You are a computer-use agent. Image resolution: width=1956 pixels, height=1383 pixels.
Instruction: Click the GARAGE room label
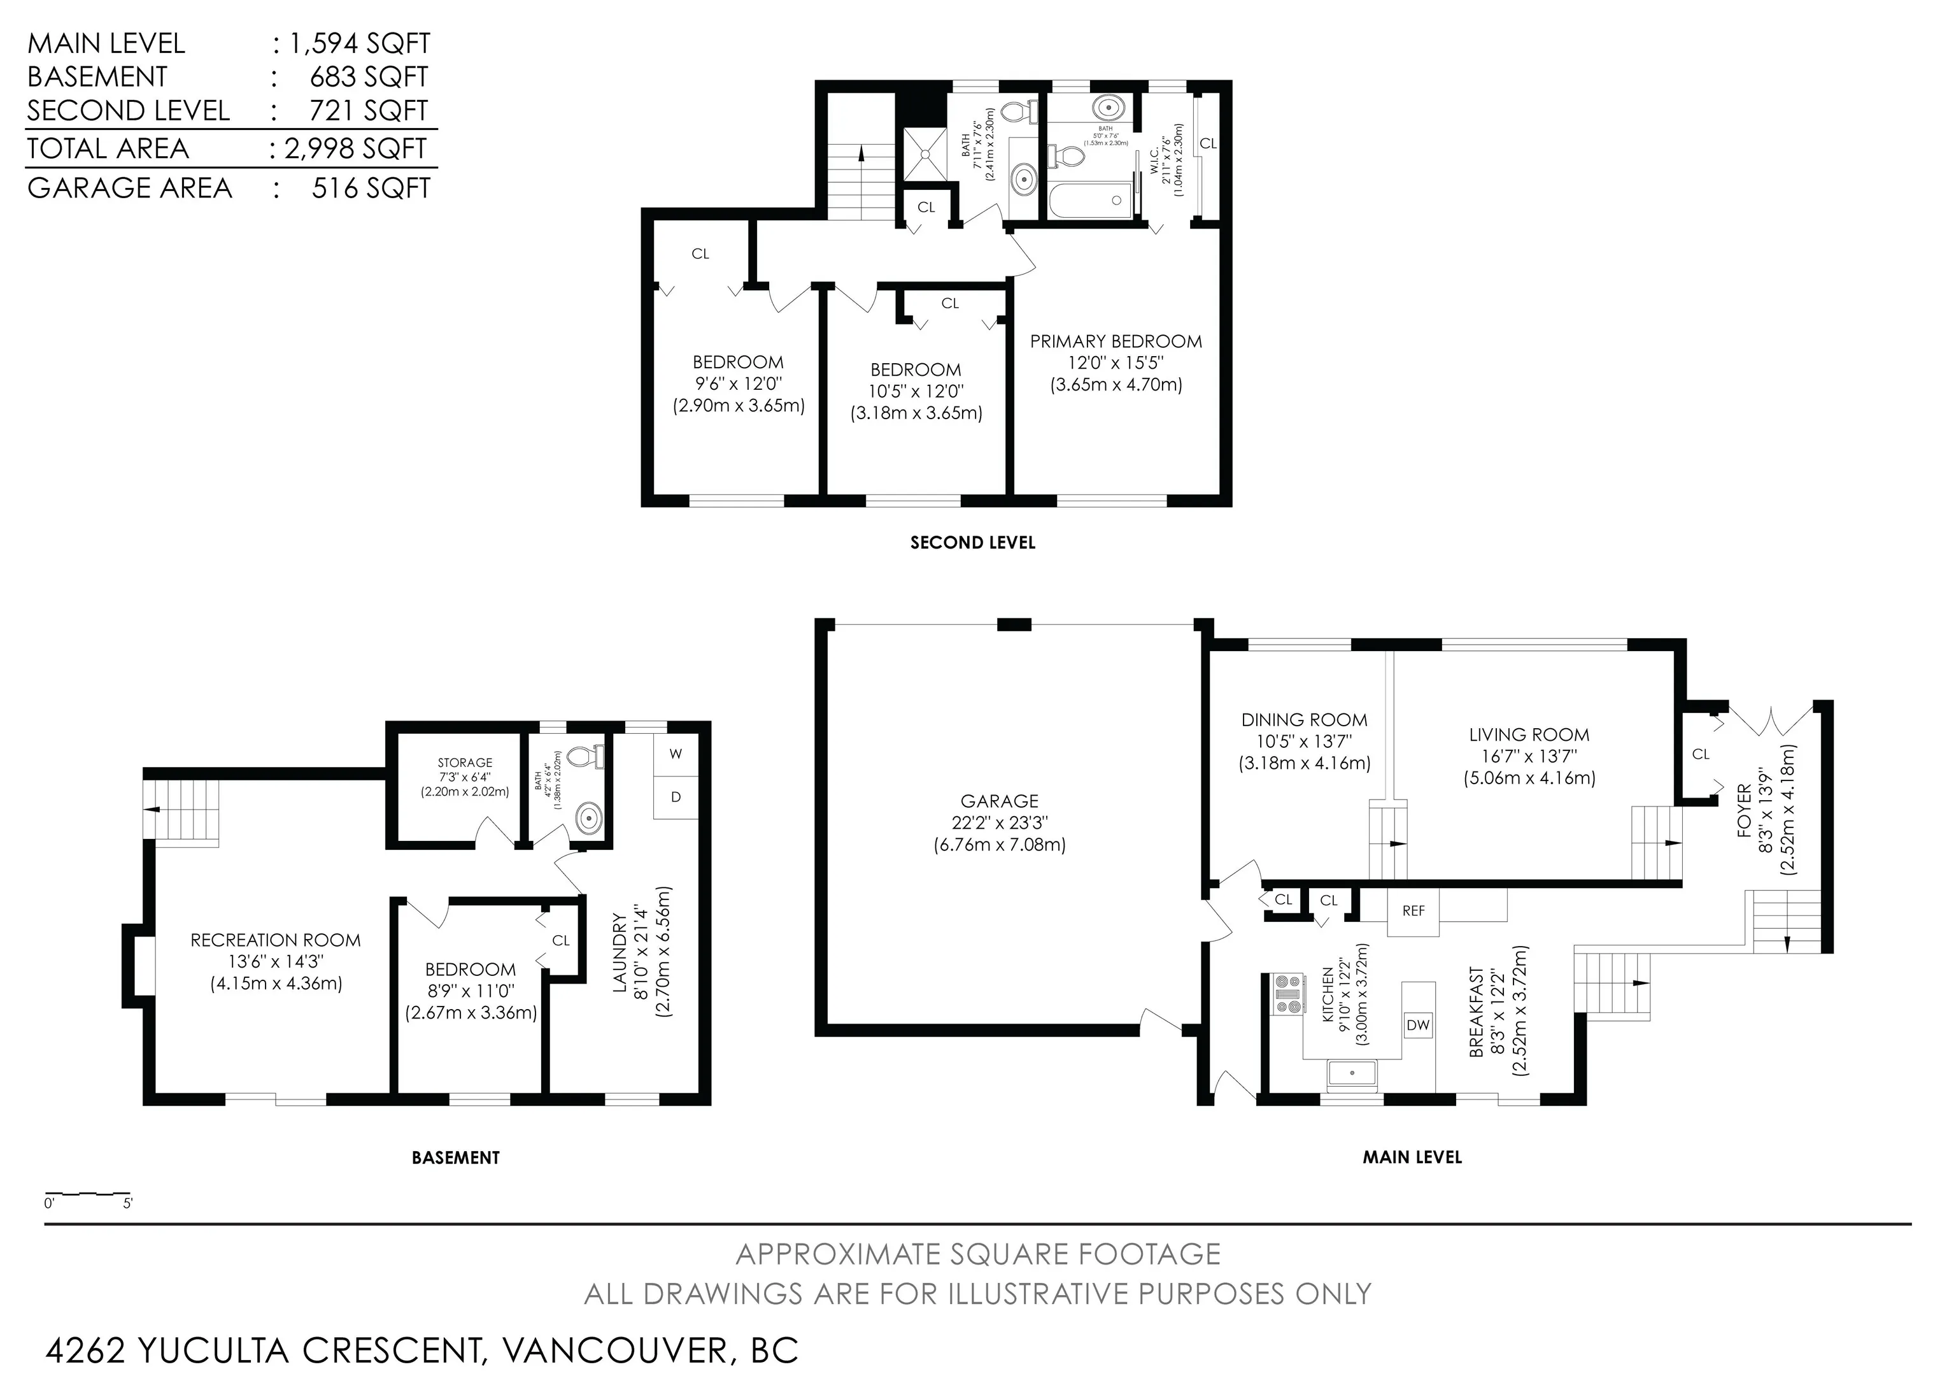click(999, 801)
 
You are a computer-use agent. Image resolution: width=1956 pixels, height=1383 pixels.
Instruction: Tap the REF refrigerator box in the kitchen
click(1414, 911)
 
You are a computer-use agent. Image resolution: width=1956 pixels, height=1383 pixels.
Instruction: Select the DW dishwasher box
click(1417, 1025)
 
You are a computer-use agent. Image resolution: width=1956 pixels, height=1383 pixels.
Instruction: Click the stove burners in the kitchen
click(1287, 994)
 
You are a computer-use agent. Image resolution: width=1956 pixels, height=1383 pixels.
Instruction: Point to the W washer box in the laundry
click(676, 753)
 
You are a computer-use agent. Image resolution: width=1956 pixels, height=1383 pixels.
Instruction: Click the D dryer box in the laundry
click(676, 798)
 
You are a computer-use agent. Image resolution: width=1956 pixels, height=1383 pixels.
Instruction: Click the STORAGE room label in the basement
click(465, 763)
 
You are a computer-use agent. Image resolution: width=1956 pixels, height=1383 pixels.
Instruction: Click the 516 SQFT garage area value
click(371, 189)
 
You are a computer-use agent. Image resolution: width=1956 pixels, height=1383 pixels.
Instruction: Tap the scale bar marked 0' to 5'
click(88, 1194)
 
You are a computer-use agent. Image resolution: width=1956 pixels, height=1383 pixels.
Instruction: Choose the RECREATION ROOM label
click(275, 940)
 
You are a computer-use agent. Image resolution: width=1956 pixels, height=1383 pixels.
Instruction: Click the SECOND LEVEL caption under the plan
click(973, 543)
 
